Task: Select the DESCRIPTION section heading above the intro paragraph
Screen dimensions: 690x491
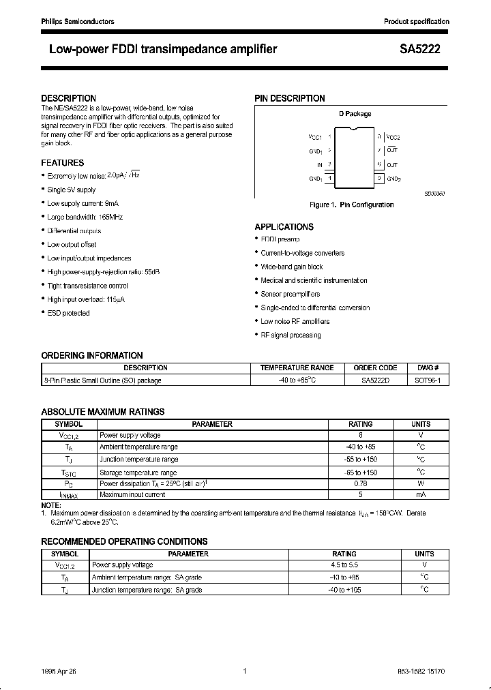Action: tap(69, 98)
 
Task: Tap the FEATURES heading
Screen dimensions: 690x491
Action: tap(63, 163)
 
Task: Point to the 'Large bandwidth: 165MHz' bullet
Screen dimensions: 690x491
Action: tap(85, 217)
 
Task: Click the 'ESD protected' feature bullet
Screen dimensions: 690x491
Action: tap(68, 313)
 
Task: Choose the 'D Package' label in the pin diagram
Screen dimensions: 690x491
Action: tap(355, 114)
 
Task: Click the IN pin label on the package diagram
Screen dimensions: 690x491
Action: tap(319, 164)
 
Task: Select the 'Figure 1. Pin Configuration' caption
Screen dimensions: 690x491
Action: tap(351, 205)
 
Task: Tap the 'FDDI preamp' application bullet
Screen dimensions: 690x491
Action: tap(280, 239)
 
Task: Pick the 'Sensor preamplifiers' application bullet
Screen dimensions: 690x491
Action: tap(291, 294)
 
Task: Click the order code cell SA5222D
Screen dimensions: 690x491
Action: tap(376, 380)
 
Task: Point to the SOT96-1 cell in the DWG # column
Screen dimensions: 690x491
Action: tap(428, 380)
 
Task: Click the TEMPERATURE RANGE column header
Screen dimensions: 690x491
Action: tap(297, 367)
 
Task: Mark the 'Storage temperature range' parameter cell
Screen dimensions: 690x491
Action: tap(138, 472)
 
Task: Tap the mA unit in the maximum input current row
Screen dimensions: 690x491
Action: tap(421, 494)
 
